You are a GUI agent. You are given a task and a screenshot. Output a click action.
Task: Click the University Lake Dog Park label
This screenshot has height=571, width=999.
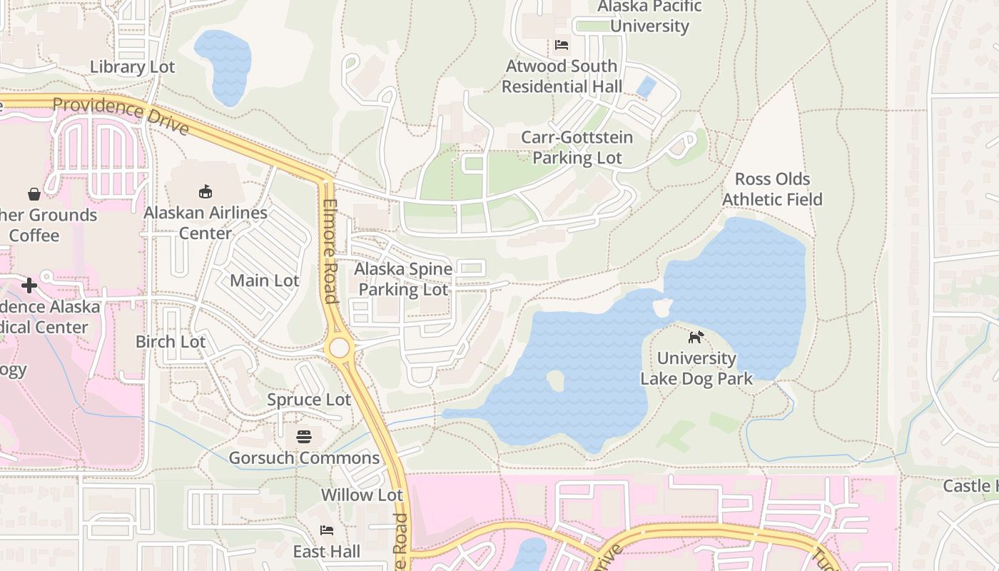[x=696, y=368]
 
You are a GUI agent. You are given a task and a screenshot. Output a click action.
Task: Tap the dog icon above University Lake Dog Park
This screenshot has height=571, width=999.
[x=696, y=337]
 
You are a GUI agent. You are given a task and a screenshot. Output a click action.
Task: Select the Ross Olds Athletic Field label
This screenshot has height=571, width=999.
[x=772, y=189]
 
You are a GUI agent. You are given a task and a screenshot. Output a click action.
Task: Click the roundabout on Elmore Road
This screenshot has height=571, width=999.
[x=339, y=348]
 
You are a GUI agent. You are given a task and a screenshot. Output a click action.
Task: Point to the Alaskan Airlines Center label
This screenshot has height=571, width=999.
[x=206, y=223]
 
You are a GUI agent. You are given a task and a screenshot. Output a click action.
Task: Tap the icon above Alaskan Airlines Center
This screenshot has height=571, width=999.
[x=206, y=191]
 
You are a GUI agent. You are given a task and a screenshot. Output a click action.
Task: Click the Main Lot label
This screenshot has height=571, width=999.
[x=265, y=281]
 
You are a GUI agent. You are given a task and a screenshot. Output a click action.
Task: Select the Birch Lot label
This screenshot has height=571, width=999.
[x=171, y=342]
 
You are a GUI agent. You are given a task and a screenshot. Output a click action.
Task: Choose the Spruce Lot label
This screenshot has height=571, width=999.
[x=309, y=400]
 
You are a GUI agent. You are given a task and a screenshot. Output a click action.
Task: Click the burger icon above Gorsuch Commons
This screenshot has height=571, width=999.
[x=304, y=436]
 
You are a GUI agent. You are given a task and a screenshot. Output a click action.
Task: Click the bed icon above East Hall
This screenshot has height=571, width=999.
[x=327, y=530]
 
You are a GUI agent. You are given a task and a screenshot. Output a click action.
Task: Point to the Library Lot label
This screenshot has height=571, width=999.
[x=133, y=67]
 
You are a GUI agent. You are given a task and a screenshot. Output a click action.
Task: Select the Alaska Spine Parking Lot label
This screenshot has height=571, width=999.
[x=404, y=279]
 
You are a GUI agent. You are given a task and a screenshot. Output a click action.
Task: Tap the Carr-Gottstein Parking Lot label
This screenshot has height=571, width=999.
[x=577, y=148]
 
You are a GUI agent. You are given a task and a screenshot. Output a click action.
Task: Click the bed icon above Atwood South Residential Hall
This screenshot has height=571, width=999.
[x=562, y=45]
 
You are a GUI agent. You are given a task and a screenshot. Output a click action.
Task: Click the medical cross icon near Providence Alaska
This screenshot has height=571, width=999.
[x=29, y=285]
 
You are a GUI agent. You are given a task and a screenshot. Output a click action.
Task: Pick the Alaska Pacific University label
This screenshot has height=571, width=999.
[x=649, y=16]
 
